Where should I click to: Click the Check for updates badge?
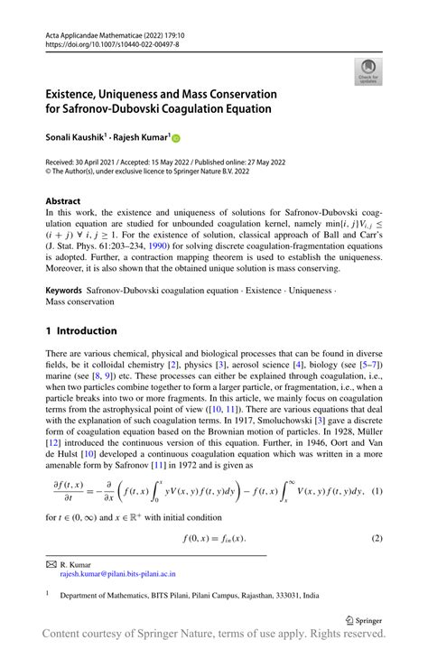[x=368, y=71]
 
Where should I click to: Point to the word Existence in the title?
[x=79, y=94]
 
